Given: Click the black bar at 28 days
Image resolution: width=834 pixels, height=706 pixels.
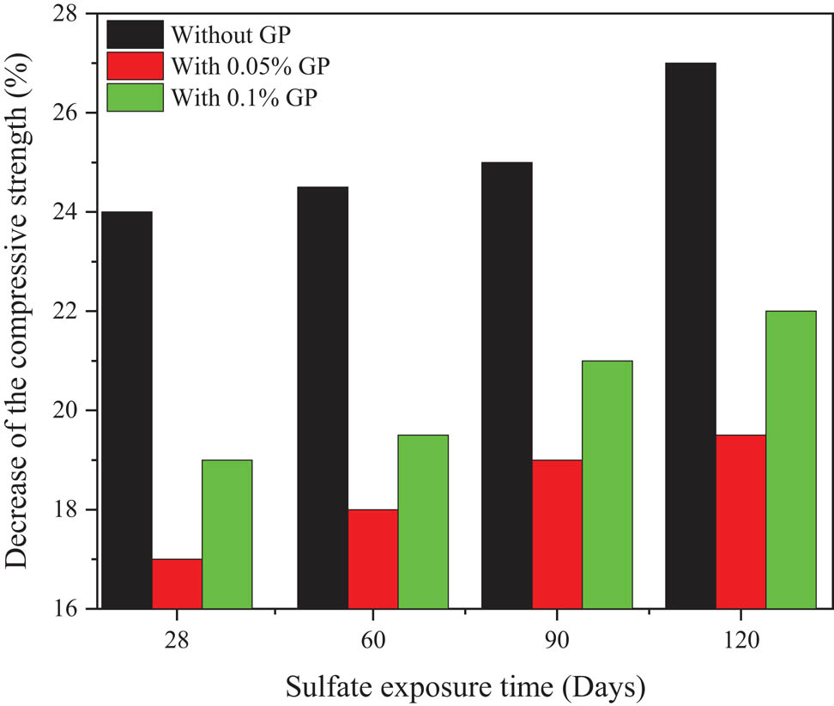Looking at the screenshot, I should (127, 410).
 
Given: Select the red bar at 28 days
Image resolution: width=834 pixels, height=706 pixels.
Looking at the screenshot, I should (177, 583).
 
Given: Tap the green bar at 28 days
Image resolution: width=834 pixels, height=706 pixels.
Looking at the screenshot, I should (227, 533).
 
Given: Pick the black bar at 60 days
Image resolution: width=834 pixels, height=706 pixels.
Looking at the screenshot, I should (323, 397).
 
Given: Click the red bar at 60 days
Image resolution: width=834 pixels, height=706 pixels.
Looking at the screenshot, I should (372, 558).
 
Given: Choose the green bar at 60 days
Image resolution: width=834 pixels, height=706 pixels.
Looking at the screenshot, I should (422, 521).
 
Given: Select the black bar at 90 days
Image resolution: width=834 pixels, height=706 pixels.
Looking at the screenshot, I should (506, 385).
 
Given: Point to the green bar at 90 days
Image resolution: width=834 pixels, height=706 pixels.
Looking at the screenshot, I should (607, 484).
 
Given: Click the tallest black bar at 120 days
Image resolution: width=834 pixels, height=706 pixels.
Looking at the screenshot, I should (690, 335).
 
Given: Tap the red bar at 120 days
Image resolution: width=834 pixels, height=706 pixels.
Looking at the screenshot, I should (740, 521).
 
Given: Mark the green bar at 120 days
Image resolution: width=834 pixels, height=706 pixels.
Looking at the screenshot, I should (790, 460).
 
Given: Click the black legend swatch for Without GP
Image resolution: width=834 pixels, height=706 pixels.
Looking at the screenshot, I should (135, 35).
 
